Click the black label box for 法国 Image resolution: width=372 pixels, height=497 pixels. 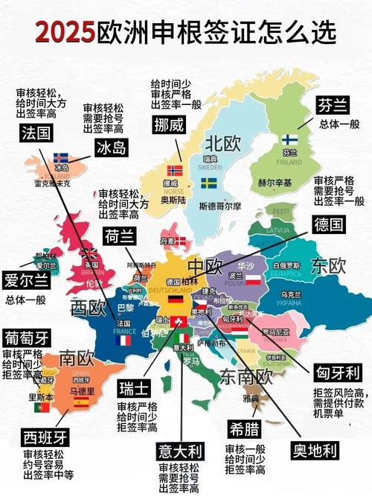click(37, 134)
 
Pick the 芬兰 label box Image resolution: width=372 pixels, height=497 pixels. click(333, 104)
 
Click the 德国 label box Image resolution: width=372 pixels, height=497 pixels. click(328, 224)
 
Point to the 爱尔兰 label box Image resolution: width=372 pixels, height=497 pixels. click(25, 281)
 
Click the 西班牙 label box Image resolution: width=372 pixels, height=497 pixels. click(42, 434)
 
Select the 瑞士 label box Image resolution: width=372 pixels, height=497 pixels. click(137, 388)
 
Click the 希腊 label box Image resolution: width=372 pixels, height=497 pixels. click(246, 428)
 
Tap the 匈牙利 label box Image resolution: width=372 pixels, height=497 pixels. click(337, 372)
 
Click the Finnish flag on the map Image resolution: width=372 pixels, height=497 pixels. click(289, 139)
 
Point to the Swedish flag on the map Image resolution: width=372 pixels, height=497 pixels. click(209, 183)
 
